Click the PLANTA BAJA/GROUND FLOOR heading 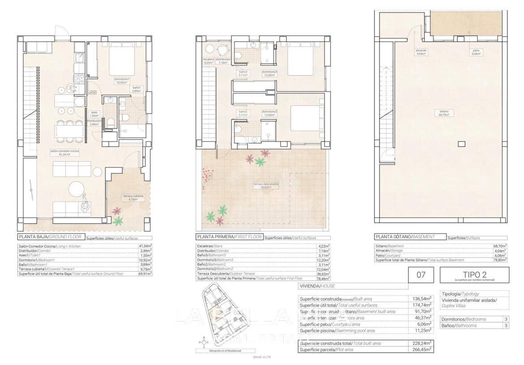50,237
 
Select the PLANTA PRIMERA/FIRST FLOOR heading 229,237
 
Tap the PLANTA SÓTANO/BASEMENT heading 404,237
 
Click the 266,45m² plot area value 421,349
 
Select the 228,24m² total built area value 421,343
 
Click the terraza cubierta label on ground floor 134,198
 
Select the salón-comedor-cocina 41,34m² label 65,153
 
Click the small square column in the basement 461,144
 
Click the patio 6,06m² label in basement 476,52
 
